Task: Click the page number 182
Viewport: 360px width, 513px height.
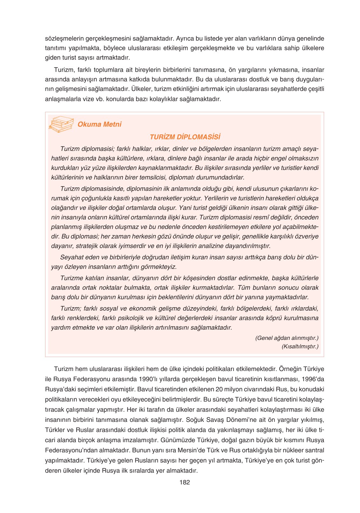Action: click(185, 482)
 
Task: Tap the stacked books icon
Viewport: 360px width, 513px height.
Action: click(61, 124)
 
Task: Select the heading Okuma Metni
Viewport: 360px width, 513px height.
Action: click(99, 124)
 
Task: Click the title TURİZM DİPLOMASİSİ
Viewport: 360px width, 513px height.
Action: click(185, 137)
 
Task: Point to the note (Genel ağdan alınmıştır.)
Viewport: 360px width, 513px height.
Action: click(287, 338)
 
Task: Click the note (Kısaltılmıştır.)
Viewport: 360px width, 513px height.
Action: click(300, 346)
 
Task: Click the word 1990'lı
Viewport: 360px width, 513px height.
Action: click(151, 379)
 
